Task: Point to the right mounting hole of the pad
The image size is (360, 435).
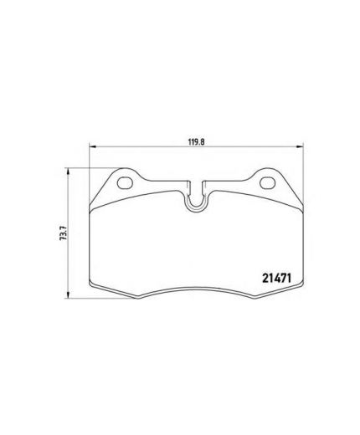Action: coord(269,182)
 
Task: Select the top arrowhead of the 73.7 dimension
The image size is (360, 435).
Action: coord(67,171)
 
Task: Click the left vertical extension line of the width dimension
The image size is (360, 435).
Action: coord(89,159)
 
